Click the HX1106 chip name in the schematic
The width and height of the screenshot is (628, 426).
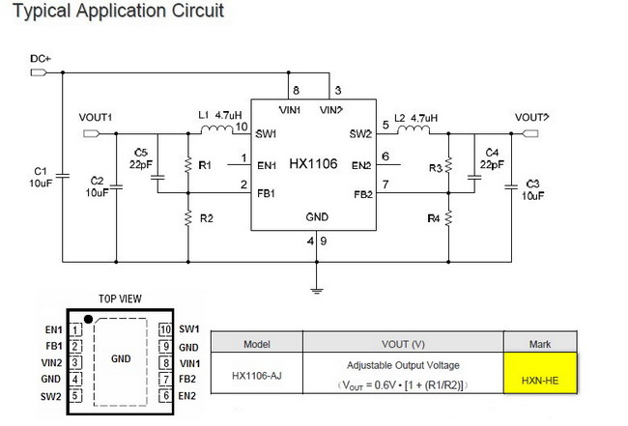point(313,164)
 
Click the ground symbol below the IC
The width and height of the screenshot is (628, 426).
point(316,291)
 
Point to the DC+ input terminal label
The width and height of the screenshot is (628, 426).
point(41,59)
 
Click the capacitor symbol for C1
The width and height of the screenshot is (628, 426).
point(63,176)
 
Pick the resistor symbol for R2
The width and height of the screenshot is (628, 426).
point(188,218)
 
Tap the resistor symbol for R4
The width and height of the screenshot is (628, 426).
point(448,218)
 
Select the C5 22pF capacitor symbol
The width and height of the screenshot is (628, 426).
point(157,177)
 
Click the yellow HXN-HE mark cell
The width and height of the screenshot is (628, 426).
point(540,373)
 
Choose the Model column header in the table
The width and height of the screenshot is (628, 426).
point(257,344)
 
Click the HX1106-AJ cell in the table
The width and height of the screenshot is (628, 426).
point(257,376)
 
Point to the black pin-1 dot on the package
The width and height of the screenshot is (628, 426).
point(89,319)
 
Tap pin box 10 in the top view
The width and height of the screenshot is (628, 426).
point(165,329)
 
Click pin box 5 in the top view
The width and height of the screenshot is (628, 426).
point(75,396)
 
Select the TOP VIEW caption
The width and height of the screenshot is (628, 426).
point(120,298)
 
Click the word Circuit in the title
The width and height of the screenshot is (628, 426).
point(198,11)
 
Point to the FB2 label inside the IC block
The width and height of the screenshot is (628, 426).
point(363,194)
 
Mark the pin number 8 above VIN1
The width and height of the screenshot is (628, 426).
point(296,91)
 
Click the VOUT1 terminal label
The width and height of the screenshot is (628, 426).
point(96,117)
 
